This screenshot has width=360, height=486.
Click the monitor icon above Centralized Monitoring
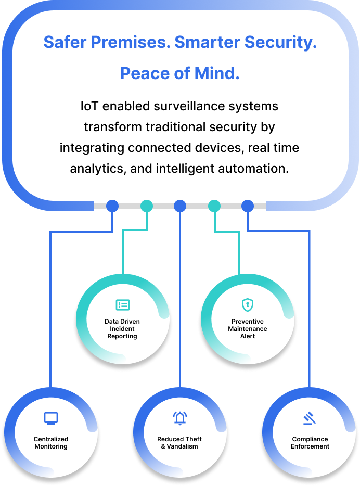pos(51,418)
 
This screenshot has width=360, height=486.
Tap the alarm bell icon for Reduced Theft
pos(179,418)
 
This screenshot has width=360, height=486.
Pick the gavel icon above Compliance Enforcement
pos(310,418)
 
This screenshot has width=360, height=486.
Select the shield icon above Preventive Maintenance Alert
pos(247,304)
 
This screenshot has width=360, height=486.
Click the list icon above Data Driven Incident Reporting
pos(123,305)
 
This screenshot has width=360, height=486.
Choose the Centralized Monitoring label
pos(51,443)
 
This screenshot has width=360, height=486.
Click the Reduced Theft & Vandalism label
pos(179,443)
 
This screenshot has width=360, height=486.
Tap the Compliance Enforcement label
pos(310,443)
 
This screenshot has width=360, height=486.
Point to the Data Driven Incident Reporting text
pos(122,329)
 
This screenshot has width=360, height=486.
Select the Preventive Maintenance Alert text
pos(248,329)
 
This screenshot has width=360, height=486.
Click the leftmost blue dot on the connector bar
pos(112,206)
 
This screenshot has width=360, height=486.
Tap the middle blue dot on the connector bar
pos(180,206)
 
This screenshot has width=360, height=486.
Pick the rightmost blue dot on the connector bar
pos(248,206)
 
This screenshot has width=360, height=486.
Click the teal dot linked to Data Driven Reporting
pos(147,206)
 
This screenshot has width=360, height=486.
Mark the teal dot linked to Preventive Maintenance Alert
pos(214,206)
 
